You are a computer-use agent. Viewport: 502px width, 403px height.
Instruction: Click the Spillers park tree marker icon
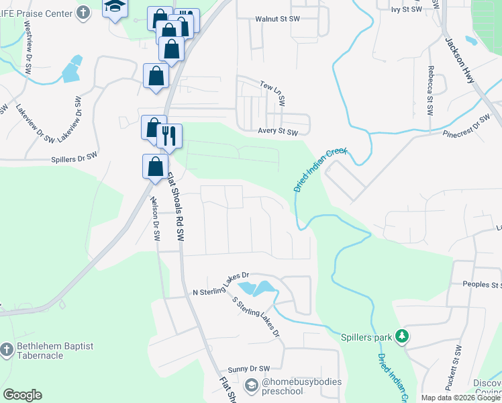[x=402, y=336]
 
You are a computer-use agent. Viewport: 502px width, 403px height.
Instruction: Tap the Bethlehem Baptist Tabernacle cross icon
[x=7, y=350]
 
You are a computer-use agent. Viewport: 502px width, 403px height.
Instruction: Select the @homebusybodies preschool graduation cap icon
[x=252, y=385]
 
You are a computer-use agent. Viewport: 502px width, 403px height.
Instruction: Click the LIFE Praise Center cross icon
[x=83, y=12]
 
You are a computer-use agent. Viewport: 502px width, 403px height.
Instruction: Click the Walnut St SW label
[x=277, y=19]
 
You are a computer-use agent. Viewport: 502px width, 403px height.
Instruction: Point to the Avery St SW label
[x=278, y=132]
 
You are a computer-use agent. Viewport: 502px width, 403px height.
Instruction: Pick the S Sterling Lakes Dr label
[x=254, y=316]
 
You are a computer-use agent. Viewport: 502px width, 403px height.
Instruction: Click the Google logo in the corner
[x=22, y=395]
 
